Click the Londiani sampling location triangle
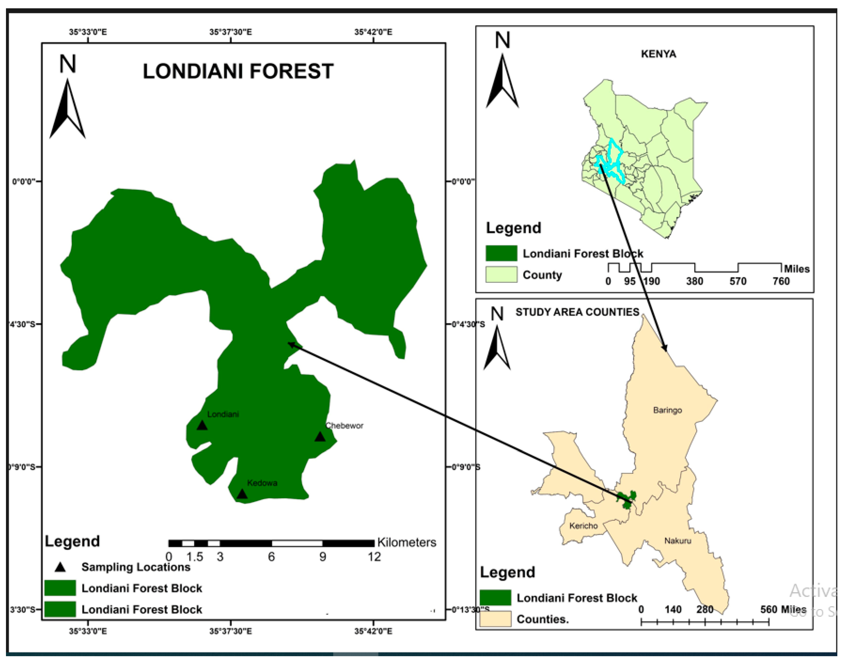click(202, 426)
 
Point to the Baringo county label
click(667, 410)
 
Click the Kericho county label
click(583, 526)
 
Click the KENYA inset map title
click(658, 54)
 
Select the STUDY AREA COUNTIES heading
click(577, 312)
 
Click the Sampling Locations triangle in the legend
click(60, 567)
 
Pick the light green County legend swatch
click(501, 275)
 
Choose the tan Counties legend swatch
click(495, 619)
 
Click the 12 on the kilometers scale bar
click(374, 557)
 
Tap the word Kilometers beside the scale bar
click(407, 542)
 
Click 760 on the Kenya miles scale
click(781, 281)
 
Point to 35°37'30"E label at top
click(231, 32)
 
